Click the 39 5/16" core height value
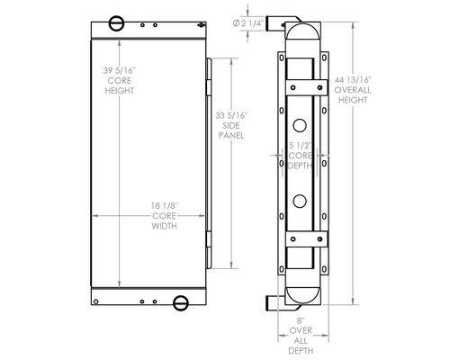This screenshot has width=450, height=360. click(120, 71)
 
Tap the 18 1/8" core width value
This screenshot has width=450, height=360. click(165, 206)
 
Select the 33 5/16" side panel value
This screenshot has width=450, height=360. click(232, 115)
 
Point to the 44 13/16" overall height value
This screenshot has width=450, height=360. click(353, 80)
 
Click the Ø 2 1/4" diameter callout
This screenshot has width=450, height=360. click(247, 23)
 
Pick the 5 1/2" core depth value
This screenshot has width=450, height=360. click(299, 146)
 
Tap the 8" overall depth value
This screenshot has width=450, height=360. click(301, 320)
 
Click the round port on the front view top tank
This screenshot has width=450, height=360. click(116, 23)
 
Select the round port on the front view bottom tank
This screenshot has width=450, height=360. click(181, 303)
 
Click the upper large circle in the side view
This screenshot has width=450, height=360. click(300, 125)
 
